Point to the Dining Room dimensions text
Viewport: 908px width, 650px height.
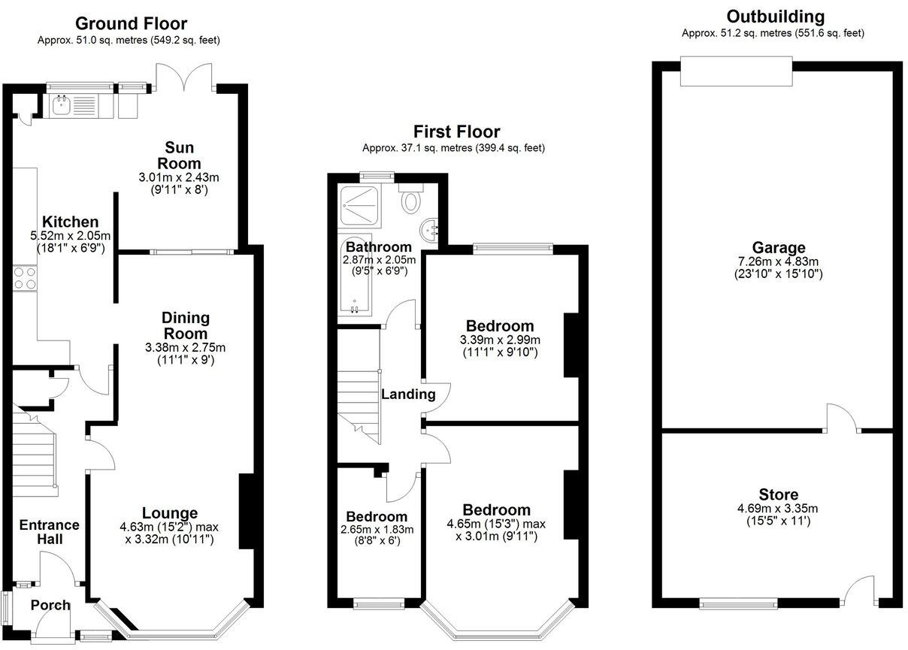point(184,353)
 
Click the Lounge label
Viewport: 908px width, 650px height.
point(171,513)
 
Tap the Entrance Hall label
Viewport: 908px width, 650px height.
point(49,532)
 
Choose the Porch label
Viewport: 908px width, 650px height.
point(50,605)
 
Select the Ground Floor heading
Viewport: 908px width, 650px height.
point(131,24)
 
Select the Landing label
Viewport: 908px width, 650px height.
point(408,394)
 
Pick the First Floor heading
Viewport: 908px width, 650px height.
point(456,132)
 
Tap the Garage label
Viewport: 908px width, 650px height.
point(778,247)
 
